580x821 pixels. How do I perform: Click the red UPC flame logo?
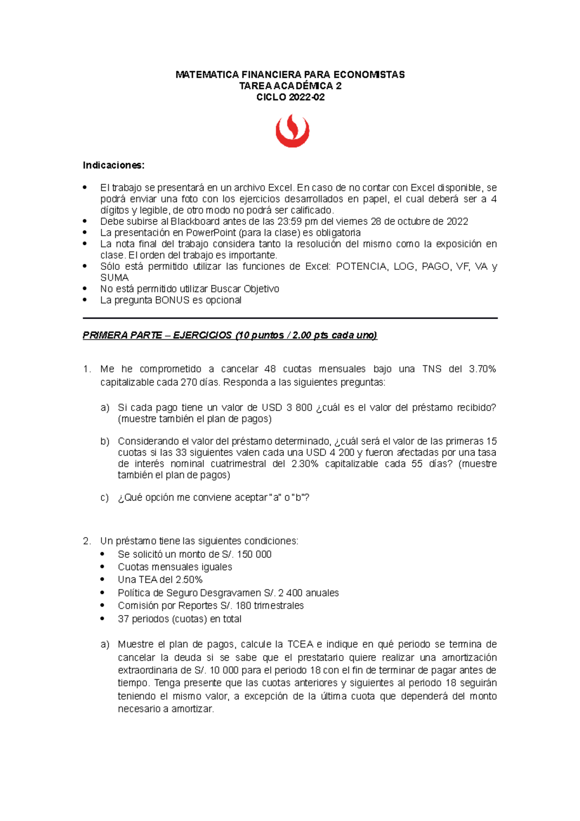coord(292,131)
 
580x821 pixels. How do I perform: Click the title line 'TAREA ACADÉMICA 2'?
coord(290,86)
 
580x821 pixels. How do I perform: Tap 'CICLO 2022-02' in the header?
coord(290,97)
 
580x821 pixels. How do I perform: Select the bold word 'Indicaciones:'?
coord(114,165)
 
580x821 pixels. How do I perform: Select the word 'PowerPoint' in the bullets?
coord(211,233)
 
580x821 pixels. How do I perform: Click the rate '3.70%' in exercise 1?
coord(482,369)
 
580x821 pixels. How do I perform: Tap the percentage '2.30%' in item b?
coord(305,464)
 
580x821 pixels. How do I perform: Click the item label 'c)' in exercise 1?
coord(104,498)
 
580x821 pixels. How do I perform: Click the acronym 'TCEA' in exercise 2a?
coord(300,645)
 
